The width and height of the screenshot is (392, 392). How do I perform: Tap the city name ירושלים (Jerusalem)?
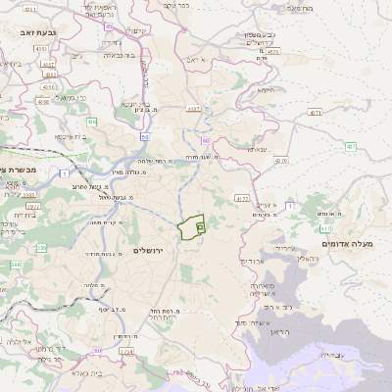(152, 250)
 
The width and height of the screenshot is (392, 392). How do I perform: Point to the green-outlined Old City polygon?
(192, 226)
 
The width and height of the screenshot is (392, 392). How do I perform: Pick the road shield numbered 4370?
(281, 160)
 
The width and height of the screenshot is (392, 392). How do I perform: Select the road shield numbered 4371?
(315, 113)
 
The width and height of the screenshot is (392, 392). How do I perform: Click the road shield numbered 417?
(242, 199)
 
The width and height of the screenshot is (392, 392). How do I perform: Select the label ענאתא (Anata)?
(257, 149)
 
